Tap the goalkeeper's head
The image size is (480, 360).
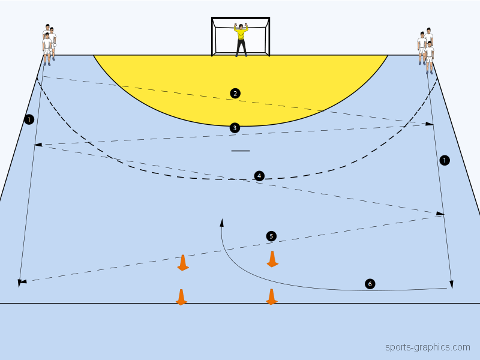tap(241, 27)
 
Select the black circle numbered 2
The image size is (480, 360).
tap(235, 93)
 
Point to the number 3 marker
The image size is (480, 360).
tap(235, 127)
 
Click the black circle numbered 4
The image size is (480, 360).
tap(259, 176)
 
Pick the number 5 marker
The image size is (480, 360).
tap(271, 236)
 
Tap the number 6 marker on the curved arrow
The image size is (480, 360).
tap(370, 284)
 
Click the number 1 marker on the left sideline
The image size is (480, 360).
tap(29, 120)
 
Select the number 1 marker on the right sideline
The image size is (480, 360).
tap(444, 160)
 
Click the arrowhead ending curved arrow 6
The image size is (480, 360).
tap(222, 222)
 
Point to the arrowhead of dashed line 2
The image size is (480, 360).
tap(430, 124)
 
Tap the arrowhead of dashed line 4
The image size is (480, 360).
tap(441, 213)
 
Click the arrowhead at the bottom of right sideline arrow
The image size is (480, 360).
tap(451, 284)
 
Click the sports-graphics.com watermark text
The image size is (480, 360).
tap(427, 347)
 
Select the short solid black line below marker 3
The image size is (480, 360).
tap(240, 151)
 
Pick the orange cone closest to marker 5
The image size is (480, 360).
tap(272, 259)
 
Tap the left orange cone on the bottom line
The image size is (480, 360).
tap(181, 297)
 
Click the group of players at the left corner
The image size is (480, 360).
tap(49, 43)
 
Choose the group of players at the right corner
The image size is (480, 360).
tap(425, 47)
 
